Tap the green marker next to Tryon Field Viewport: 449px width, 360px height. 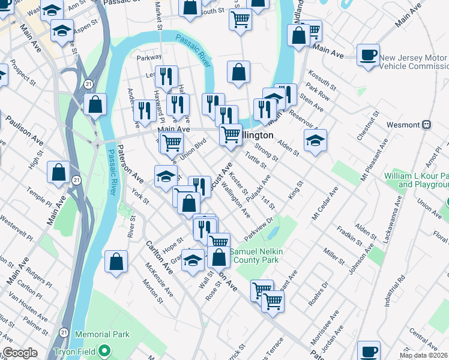pos(105,350)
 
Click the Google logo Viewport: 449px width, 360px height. pos(20,353)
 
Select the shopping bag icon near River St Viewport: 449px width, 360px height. pos(116,262)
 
